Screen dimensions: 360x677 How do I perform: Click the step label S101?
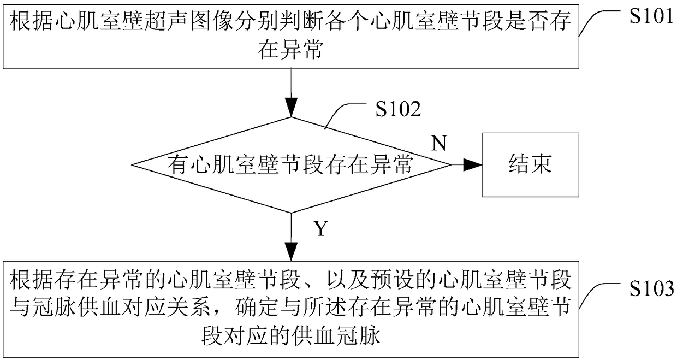tap(650, 15)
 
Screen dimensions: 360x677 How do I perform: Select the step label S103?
tap(650, 288)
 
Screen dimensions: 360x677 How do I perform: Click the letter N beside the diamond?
tap(439, 143)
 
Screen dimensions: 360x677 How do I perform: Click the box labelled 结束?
tap(530, 164)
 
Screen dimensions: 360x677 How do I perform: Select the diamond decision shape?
tap(292, 164)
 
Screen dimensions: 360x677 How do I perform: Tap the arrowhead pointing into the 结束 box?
tap(473, 164)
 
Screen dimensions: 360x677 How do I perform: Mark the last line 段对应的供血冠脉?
tap(292, 336)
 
